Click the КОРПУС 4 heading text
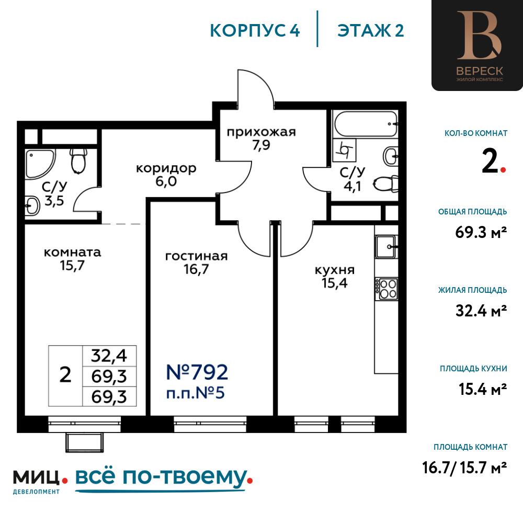pos(255,31)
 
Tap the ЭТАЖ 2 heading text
pos(371,31)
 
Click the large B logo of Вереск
pos(479,36)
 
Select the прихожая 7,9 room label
pos(261,139)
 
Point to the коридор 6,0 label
pos(166,175)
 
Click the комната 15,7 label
pos(72,259)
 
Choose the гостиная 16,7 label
pos(197,263)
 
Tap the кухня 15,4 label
pos(335,276)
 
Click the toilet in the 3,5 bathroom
pos(78,161)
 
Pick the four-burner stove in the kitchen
pos(386,289)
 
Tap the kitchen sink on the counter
pos(386,247)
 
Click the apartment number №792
pos(197,372)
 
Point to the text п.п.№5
pos(196,393)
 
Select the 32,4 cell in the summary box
pos(109,356)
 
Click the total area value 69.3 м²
pos(481,232)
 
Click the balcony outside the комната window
pos(84,442)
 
